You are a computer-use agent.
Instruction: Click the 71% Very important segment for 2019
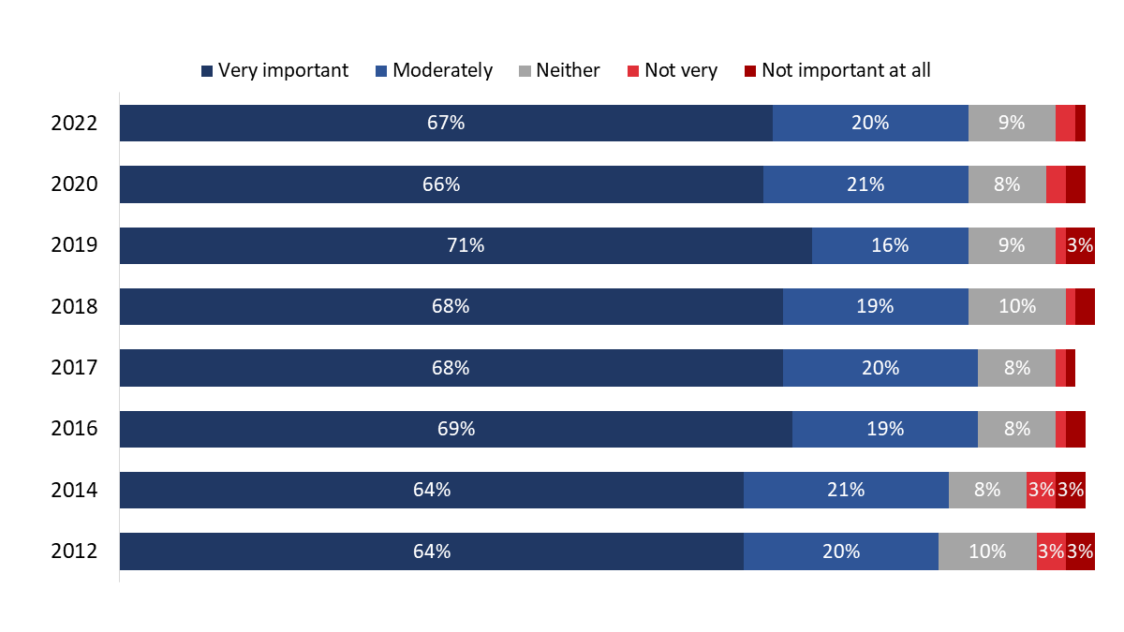tap(466, 245)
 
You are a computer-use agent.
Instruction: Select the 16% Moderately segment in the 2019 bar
tap(890, 245)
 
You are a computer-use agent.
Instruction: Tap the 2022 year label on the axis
tap(74, 123)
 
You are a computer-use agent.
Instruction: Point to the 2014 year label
tap(74, 490)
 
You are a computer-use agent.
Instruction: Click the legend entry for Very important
tap(274, 70)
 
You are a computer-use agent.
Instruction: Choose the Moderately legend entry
tap(434, 70)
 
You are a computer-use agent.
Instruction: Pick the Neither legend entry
tap(559, 70)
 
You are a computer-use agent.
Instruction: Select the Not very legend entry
tap(672, 70)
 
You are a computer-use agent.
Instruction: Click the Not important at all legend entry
tap(836, 70)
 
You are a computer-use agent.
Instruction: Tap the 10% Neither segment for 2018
tap(1017, 306)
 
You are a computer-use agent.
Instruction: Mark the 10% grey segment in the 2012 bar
tap(987, 551)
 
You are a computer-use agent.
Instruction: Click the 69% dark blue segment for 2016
tap(456, 429)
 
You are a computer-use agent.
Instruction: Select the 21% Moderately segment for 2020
tap(865, 184)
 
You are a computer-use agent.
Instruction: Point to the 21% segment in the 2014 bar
tap(846, 490)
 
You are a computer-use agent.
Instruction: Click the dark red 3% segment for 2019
tap(1080, 245)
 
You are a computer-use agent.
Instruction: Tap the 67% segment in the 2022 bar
tap(446, 123)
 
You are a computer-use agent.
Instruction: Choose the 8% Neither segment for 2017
tap(1016, 368)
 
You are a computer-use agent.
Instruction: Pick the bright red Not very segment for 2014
tap(1041, 490)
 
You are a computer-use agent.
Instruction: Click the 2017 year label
tap(74, 368)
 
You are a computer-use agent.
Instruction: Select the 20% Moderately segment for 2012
tap(841, 551)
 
